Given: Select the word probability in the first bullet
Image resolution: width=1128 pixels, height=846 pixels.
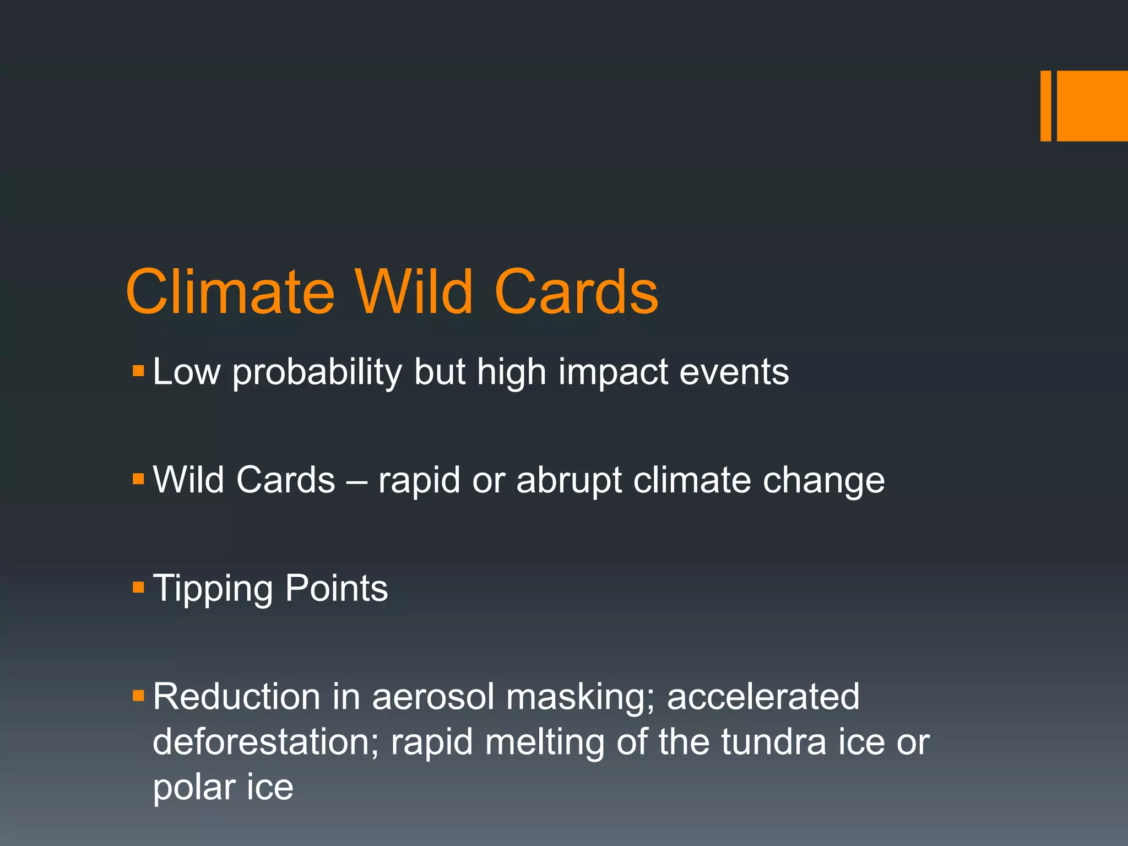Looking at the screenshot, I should pyautogui.click(x=317, y=373).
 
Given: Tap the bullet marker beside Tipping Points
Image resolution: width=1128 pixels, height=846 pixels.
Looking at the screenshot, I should pyautogui.click(x=138, y=587).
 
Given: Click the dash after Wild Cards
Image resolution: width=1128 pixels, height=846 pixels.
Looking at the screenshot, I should pyautogui.click(x=356, y=481).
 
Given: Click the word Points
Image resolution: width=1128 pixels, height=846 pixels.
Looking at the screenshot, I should pyautogui.click(x=337, y=588).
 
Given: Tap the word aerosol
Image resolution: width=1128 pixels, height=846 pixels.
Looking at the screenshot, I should pyautogui.click(x=433, y=696).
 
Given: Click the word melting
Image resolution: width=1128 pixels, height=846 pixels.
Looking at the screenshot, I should pyautogui.click(x=545, y=742).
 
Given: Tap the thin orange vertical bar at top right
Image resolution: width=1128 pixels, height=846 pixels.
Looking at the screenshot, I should pyautogui.click(x=1045, y=106).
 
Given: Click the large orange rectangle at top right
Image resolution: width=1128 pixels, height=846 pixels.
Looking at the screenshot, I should pyautogui.click(x=1092, y=106).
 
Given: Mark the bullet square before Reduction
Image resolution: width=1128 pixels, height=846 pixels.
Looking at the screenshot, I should pyautogui.click(x=138, y=696).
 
